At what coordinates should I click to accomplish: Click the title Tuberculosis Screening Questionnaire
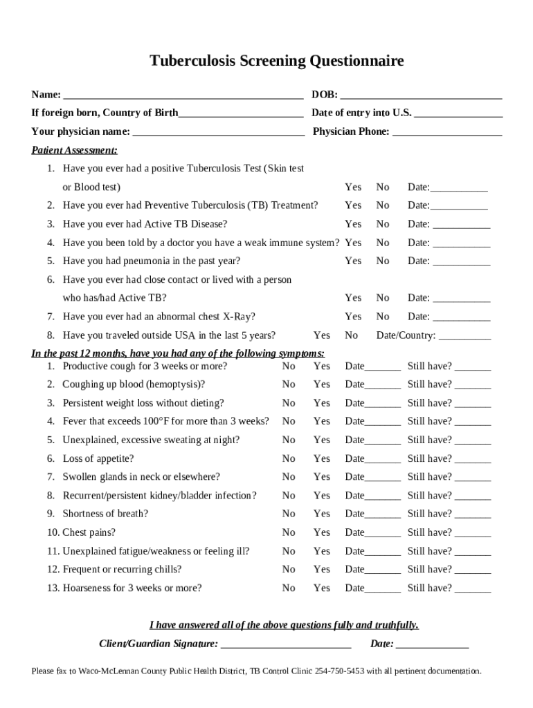pos(277,62)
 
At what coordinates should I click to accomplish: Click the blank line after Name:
pos(183,95)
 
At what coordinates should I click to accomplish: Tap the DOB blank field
pos(421,95)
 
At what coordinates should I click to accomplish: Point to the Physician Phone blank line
pos(447,132)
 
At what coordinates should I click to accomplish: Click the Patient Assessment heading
pos(74,150)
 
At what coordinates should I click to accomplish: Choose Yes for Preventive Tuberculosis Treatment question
pos(353,205)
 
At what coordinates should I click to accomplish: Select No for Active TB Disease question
pos(383,224)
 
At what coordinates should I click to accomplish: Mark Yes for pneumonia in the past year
pos(353,261)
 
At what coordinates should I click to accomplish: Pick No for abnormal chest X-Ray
pos(383,317)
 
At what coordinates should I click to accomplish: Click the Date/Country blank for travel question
pos(464,337)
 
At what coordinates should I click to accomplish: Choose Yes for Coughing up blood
pos(322,384)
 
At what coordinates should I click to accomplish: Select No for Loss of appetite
pos(289,458)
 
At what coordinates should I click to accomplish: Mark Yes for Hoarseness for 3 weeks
pos(322,588)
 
